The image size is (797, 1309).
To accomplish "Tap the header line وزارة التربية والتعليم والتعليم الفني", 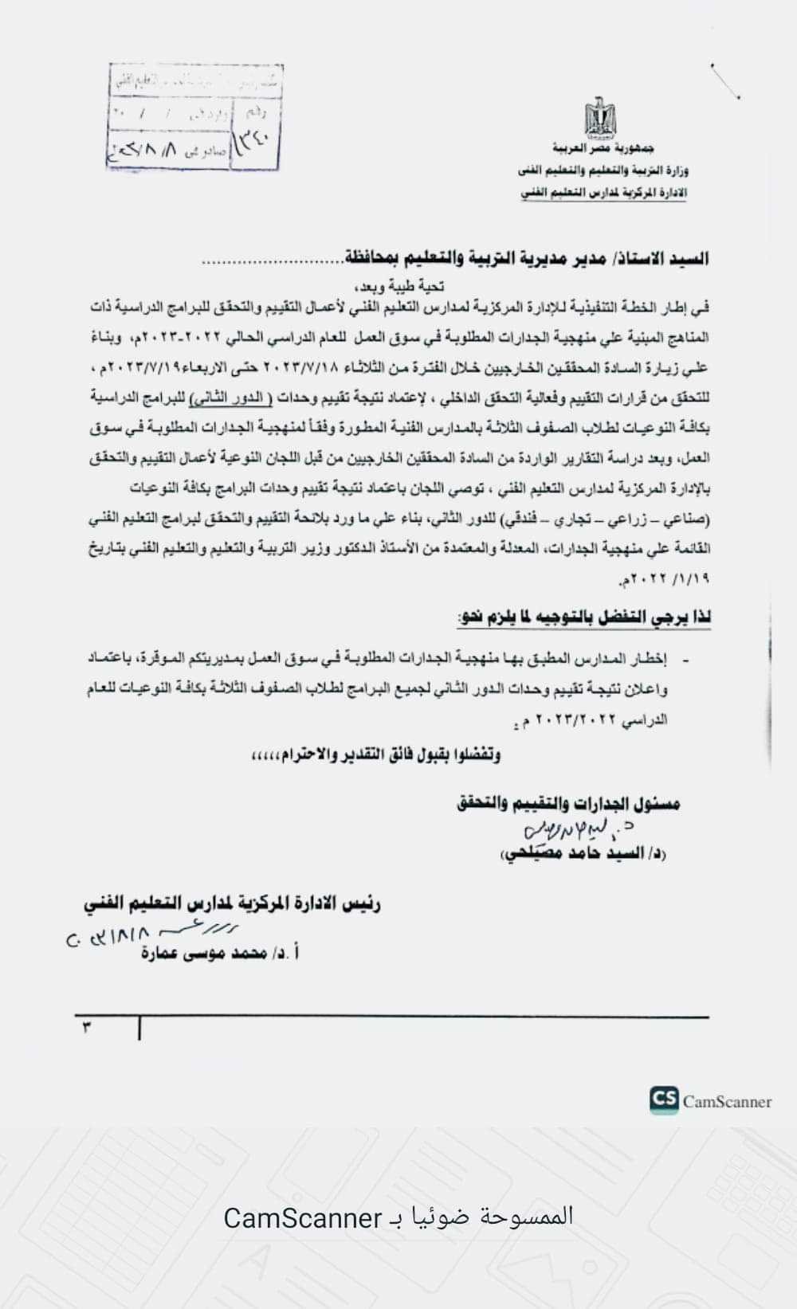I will click(602, 170).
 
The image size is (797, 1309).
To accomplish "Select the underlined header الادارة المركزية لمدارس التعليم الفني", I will click(604, 192).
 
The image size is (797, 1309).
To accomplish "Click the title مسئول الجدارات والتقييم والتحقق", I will click(569, 803).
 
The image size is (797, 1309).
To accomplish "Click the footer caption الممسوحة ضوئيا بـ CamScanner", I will click(398, 1217).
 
